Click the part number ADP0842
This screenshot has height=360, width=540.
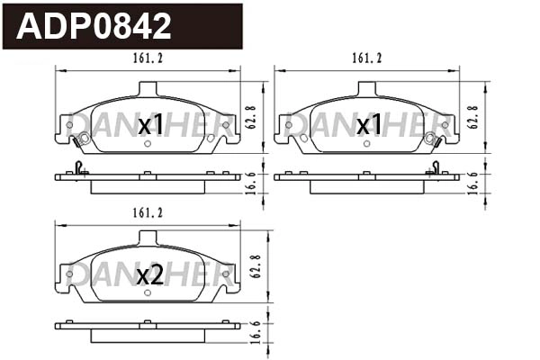(94, 26)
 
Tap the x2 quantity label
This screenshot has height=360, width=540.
(149, 276)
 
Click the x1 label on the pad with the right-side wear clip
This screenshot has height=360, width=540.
(368, 125)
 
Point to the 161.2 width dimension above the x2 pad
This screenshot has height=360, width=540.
(147, 212)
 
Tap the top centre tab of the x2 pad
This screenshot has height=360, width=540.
(148, 238)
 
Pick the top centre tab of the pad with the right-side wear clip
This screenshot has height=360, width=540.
(367, 87)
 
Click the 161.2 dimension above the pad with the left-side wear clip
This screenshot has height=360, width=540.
(147, 58)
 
